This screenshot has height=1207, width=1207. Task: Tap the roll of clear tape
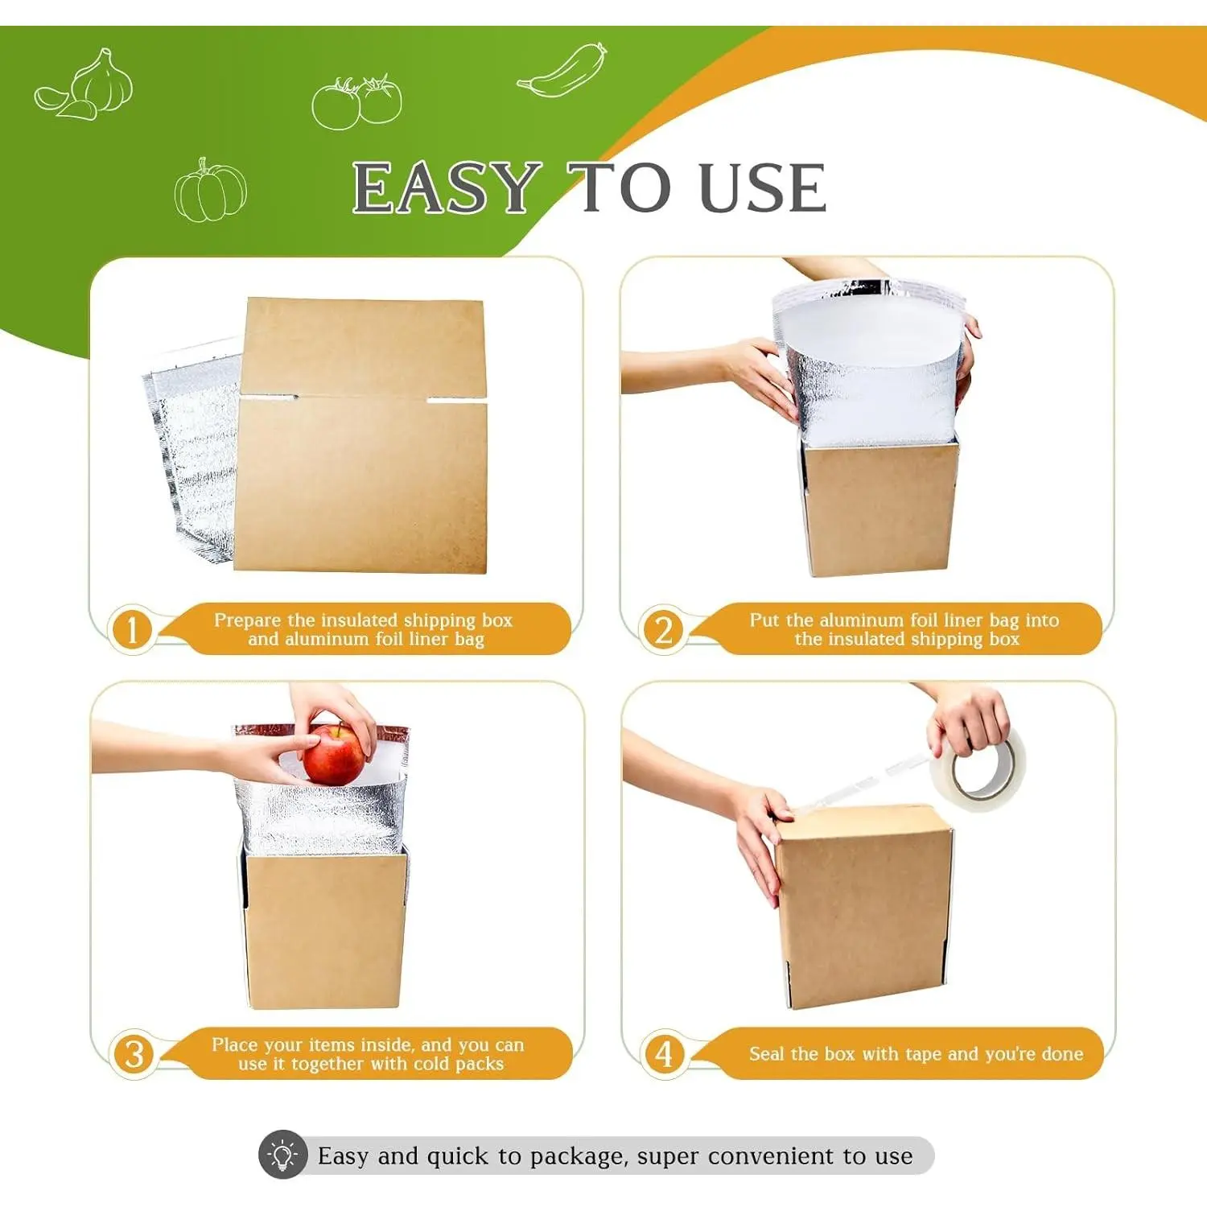point(978,768)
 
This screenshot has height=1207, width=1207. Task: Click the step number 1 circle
point(132,629)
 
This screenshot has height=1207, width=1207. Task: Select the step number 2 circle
point(663,629)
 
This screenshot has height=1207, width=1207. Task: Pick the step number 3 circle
point(134,1054)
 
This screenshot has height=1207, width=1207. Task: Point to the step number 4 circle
point(664,1054)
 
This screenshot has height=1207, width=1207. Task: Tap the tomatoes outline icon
point(356,102)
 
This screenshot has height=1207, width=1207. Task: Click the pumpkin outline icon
point(211,190)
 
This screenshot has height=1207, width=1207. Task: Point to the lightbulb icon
point(282,1156)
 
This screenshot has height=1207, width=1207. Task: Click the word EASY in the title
point(447,188)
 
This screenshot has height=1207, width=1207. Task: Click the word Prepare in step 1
point(248,620)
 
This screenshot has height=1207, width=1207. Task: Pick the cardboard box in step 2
point(879,507)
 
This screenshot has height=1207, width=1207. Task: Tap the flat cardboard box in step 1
point(362,435)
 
